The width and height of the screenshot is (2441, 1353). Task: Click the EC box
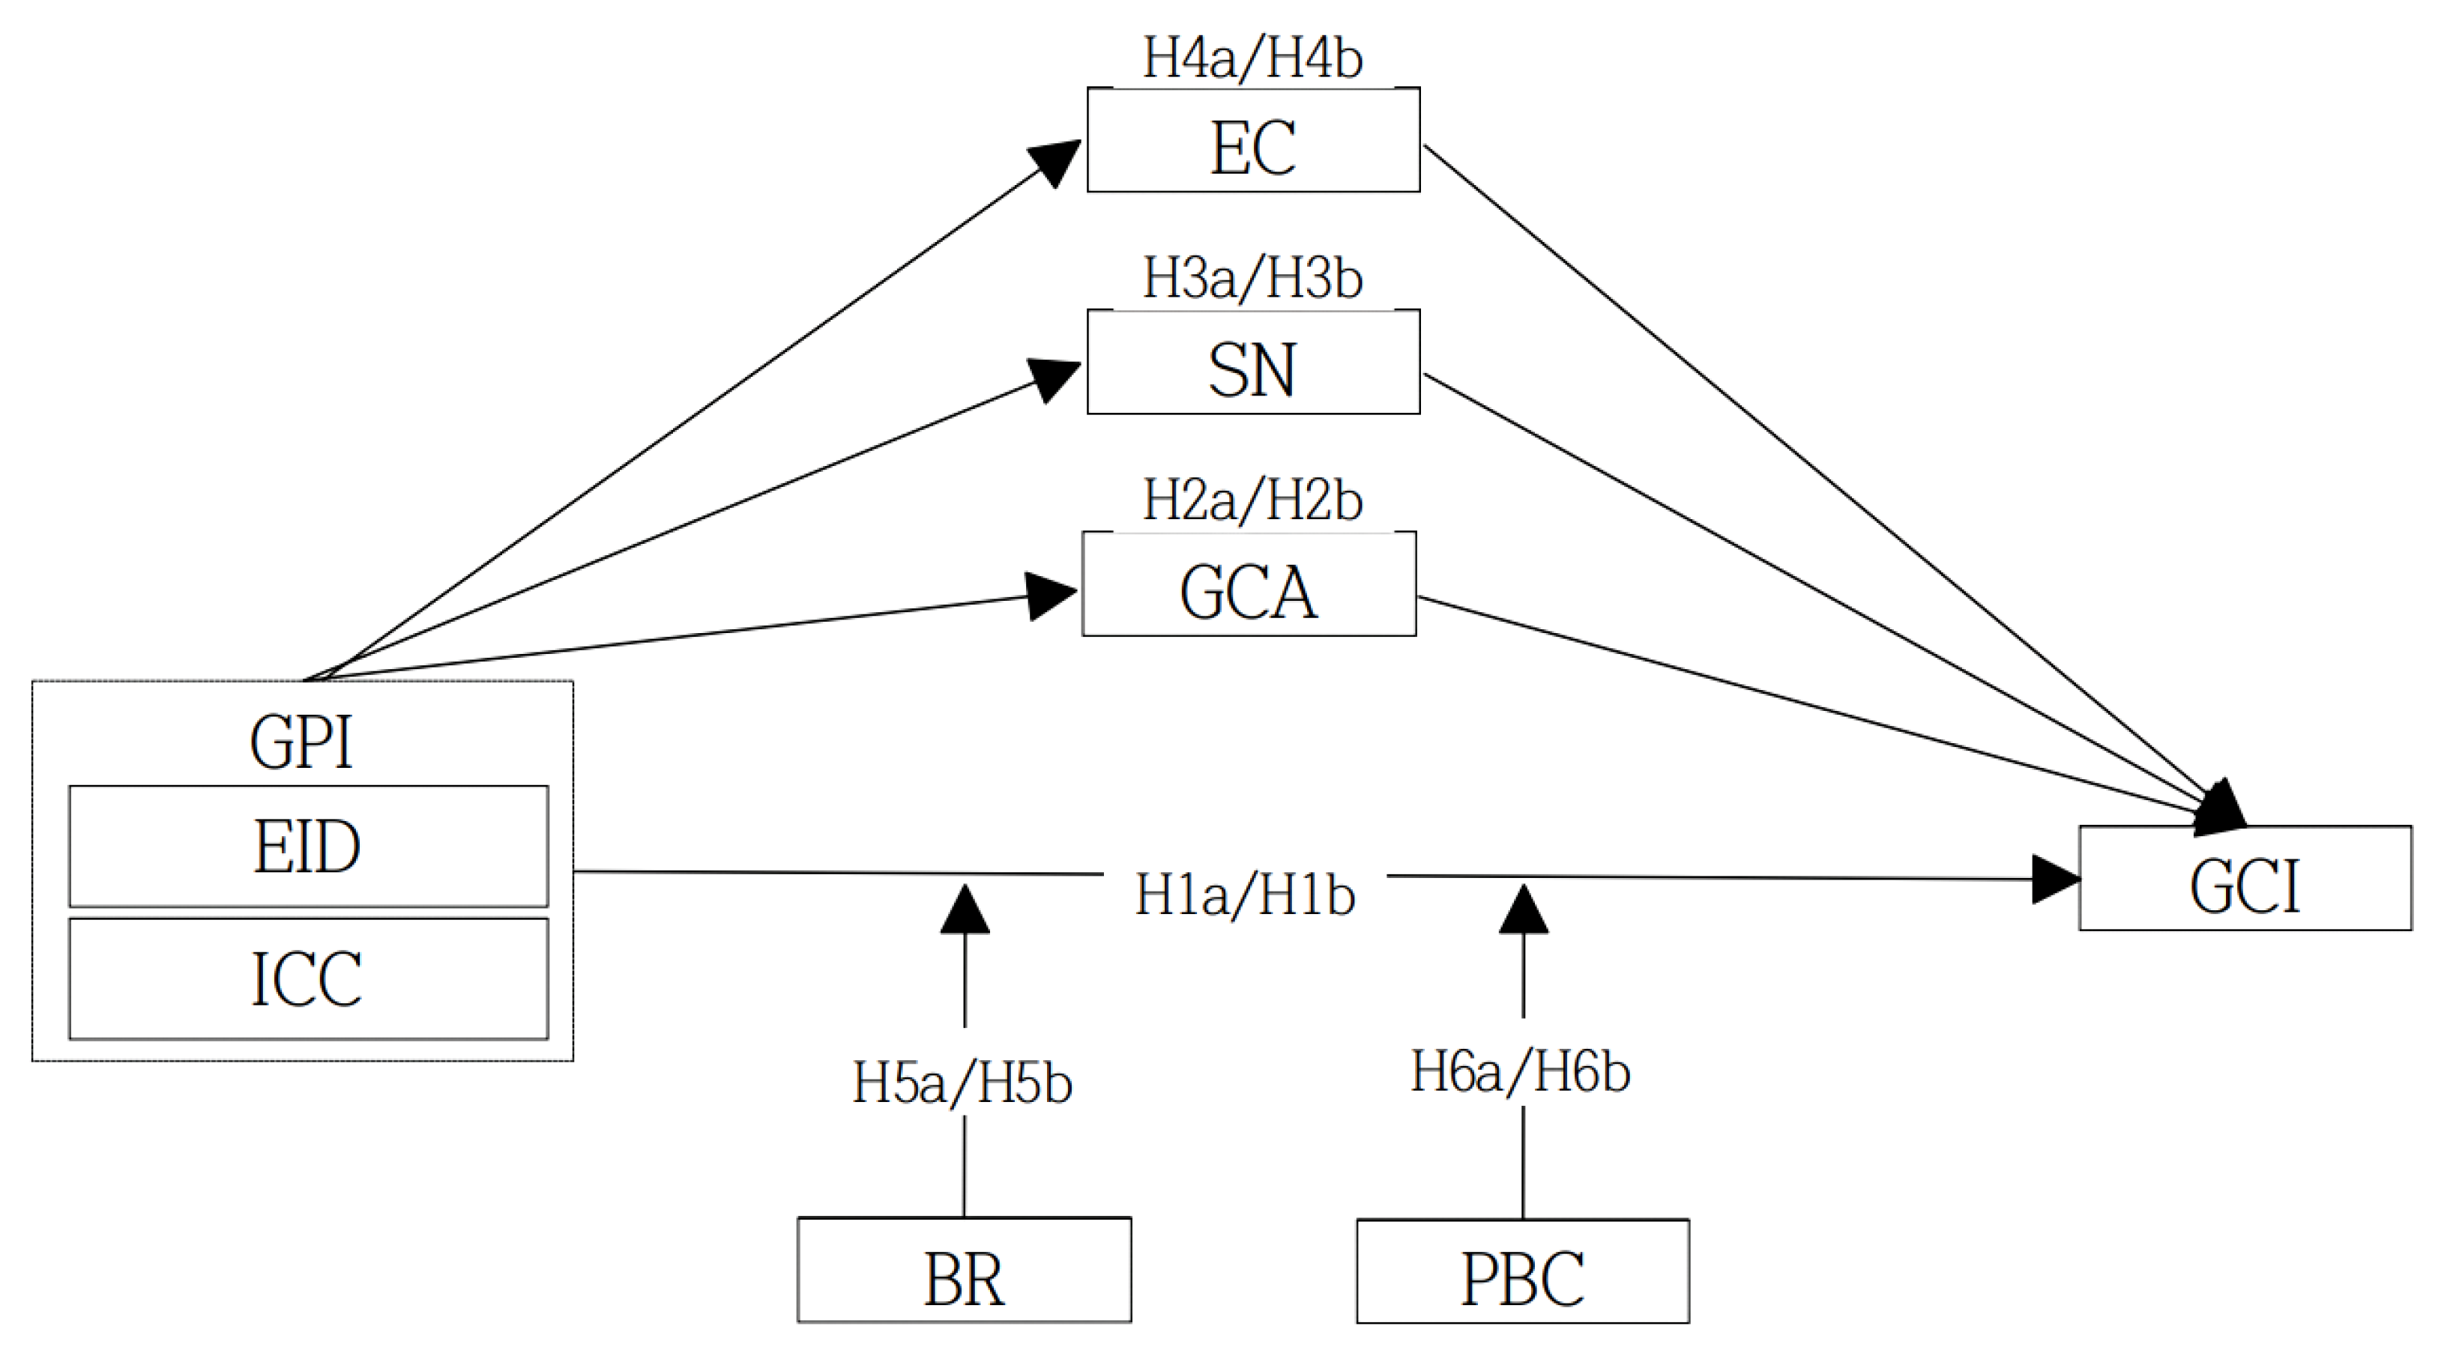(x=1252, y=140)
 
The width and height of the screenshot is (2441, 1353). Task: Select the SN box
(x=1252, y=362)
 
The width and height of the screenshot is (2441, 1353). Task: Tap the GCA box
(x=1249, y=584)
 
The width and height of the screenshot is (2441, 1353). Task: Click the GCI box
(x=2245, y=878)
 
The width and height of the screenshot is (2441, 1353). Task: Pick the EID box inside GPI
(x=308, y=846)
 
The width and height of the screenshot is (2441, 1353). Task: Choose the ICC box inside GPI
(x=308, y=978)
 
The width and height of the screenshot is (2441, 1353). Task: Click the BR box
(x=964, y=1270)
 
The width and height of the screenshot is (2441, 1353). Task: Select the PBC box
(x=1522, y=1271)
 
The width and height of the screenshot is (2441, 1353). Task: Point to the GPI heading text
(x=301, y=742)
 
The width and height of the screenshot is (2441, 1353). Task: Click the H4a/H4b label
(x=1252, y=58)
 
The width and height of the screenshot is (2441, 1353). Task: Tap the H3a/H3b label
(x=1252, y=279)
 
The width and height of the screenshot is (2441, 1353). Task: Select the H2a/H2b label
(x=1252, y=501)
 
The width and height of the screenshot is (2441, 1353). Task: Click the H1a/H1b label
(x=1245, y=895)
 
